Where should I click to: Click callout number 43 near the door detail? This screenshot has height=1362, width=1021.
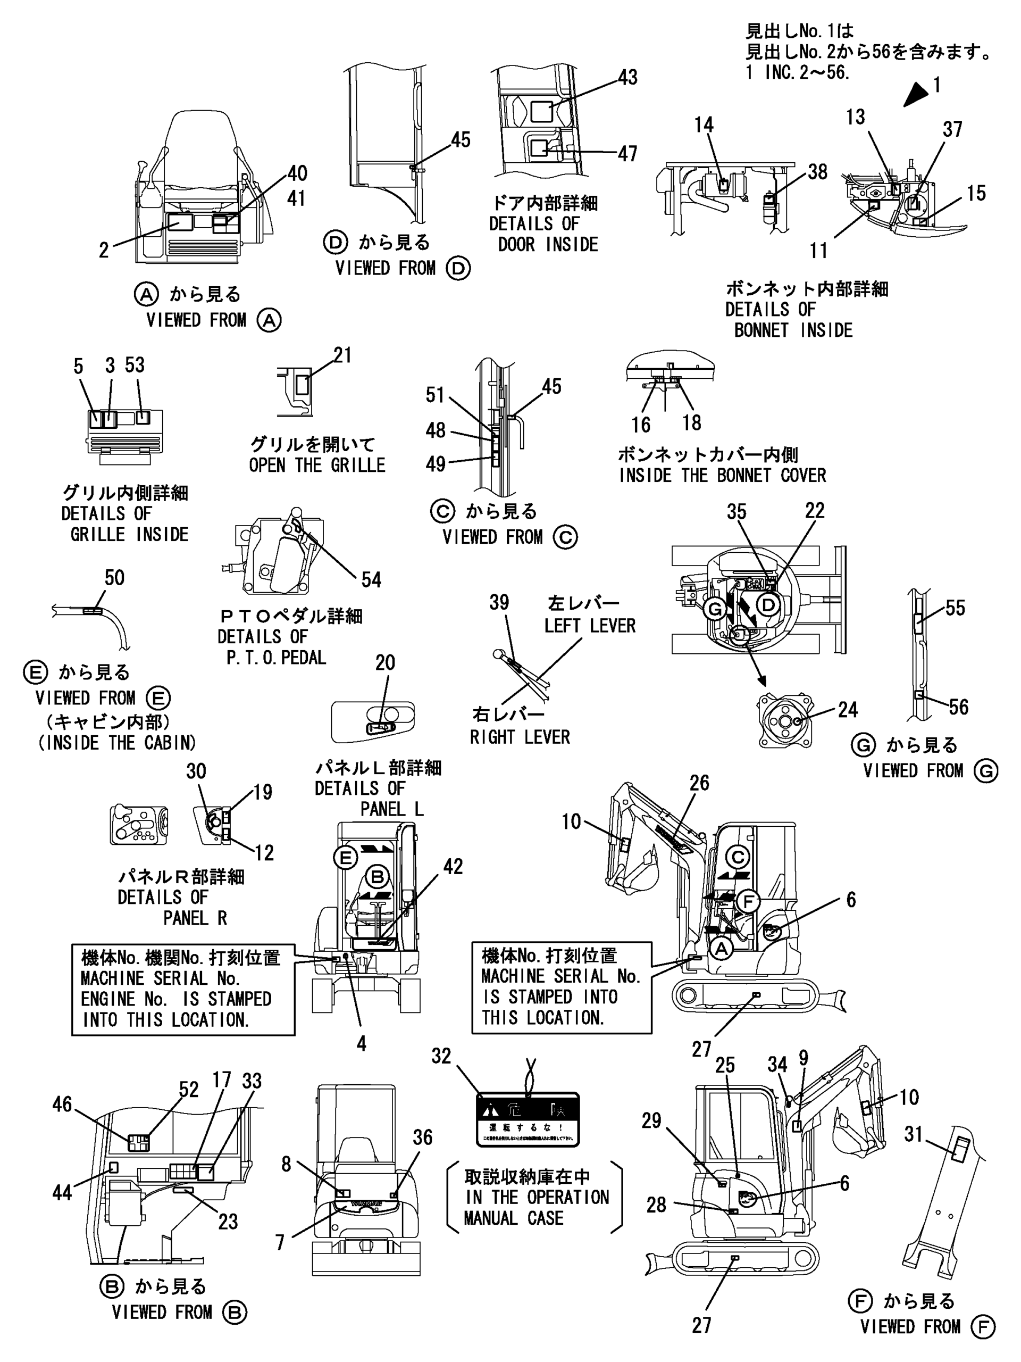coord(627,78)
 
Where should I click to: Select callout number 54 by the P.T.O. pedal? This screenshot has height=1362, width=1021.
coord(371,579)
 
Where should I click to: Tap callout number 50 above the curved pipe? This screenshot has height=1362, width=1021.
coord(114,578)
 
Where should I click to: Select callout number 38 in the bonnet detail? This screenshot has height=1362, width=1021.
coord(817,172)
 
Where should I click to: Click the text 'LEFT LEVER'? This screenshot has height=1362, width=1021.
coord(590,626)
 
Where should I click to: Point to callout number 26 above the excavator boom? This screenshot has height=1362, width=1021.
coord(699,783)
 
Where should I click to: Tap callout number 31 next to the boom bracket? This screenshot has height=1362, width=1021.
coord(913,1134)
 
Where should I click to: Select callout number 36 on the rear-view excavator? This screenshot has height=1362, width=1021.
coord(422,1137)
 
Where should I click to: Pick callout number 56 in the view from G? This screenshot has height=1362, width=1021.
coord(958,707)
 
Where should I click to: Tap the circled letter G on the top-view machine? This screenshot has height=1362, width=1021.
coord(715,610)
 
